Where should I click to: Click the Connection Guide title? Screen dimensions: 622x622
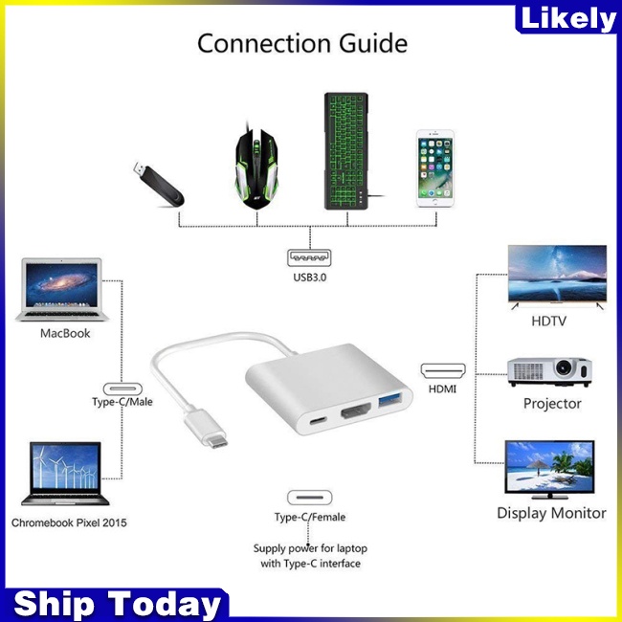(x=302, y=43)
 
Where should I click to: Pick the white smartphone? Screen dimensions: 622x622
(x=433, y=170)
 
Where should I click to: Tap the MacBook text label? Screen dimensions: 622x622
(x=65, y=333)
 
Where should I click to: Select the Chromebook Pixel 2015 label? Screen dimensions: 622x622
(x=69, y=522)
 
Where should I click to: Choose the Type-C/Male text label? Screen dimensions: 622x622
(x=122, y=402)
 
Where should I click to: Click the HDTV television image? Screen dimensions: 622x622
(x=556, y=276)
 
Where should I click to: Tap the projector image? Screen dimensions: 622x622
(x=548, y=371)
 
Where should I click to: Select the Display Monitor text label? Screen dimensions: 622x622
(x=551, y=513)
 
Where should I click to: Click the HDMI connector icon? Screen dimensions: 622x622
(x=442, y=369)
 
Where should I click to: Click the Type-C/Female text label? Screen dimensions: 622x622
(x=310, y=517)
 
